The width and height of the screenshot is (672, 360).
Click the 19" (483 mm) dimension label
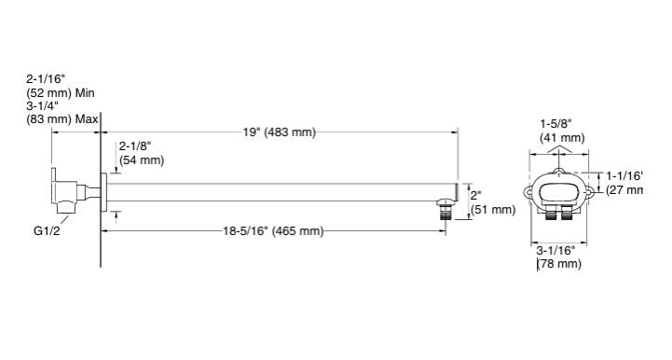point(279,132)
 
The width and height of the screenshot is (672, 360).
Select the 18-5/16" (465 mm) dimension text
point(272,230)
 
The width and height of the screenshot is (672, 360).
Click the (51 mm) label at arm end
point(492,210)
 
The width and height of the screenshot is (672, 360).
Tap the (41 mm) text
point(562,137)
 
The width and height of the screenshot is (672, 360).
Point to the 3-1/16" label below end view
point(555,250)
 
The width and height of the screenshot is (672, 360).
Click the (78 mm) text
point(559,264)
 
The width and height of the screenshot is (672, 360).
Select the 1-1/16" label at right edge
point(624,175)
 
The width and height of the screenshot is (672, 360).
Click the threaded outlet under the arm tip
point(448,209)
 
